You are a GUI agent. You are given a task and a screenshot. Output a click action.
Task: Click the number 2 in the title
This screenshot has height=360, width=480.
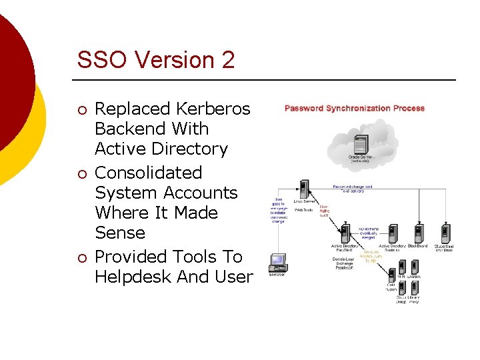pos(227,60)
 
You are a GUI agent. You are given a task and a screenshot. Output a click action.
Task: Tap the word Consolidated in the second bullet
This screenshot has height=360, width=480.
pos(148,173)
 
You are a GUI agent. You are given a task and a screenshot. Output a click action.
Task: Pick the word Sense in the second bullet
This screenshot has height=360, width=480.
pos(120,233)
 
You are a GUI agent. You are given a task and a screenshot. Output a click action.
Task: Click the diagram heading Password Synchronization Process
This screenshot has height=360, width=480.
pos(354,108)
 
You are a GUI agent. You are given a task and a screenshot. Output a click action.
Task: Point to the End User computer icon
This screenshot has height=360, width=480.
pos(277,261)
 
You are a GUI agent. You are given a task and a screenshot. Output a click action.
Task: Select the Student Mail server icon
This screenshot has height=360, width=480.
pos(444,234)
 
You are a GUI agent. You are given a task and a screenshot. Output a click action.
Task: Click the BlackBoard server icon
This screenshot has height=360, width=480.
pos(418,234)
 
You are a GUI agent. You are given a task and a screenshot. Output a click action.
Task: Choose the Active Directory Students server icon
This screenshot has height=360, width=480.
pos(393,234)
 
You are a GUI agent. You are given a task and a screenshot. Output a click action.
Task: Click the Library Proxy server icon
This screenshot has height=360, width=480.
pos(414,288)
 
